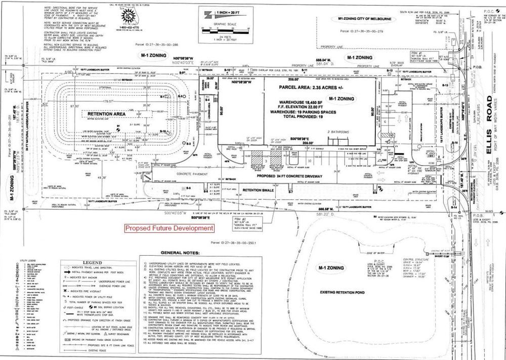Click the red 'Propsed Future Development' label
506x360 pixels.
tap(168, 228)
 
